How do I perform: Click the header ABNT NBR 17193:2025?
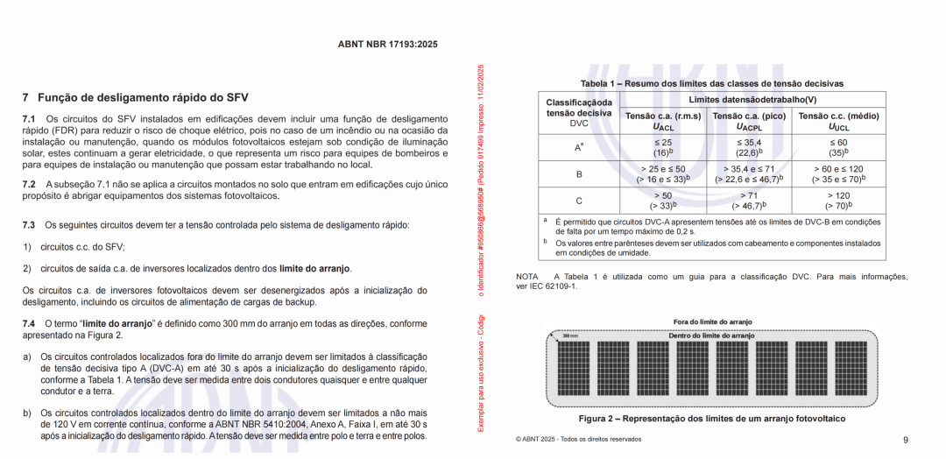387,44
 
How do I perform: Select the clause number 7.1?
29,118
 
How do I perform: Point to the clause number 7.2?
29,184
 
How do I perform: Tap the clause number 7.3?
29,225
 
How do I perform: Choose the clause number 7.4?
29,323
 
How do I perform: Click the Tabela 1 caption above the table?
711,83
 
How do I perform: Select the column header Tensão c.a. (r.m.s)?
662,116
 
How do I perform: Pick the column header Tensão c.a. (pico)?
748,116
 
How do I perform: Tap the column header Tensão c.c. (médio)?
838,116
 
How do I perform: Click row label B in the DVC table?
578,174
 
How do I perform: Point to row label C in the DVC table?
578,201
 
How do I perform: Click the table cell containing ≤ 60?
838,142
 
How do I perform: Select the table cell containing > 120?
838,195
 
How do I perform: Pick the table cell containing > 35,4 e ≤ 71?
748,169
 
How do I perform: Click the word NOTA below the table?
527,277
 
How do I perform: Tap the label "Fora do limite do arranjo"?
712,322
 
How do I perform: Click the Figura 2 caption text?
712,419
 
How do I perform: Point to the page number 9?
905,440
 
